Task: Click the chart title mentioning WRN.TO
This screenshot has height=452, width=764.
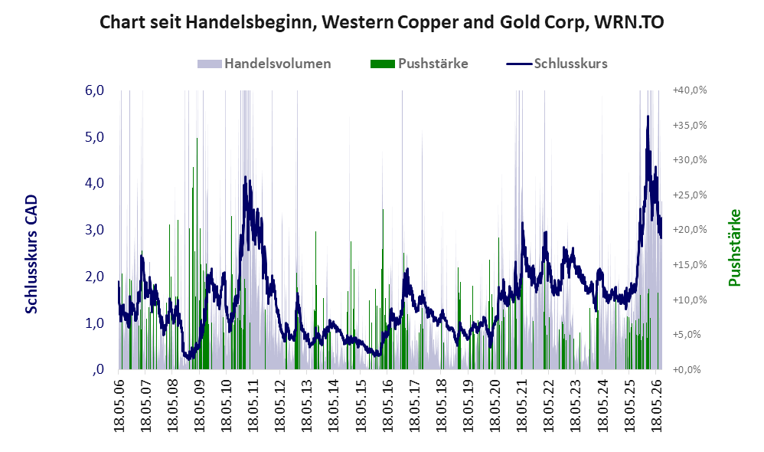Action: (381, 22)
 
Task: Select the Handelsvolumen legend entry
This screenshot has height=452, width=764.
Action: (264, 64)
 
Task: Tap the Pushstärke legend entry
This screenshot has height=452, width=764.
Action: (419, 64)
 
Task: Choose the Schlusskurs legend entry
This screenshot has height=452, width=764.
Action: (557, 64)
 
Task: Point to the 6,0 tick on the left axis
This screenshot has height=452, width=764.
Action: (94, 90)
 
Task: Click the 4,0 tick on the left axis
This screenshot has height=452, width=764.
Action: (94, 183)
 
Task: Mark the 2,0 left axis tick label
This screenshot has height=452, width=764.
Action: (94, 277)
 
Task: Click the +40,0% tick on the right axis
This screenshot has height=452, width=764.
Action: (690, 90)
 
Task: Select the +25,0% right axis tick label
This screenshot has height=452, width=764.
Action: (690, 195)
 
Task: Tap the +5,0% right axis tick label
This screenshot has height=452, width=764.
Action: (690, 335)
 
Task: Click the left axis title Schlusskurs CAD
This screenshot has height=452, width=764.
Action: (31, 254)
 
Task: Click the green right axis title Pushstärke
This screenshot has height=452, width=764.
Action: (734, 247)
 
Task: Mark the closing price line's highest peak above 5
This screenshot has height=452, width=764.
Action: (648, 116)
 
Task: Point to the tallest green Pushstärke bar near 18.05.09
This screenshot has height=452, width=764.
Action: (197, 139)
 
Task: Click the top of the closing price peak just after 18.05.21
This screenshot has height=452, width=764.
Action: (522, 223)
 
